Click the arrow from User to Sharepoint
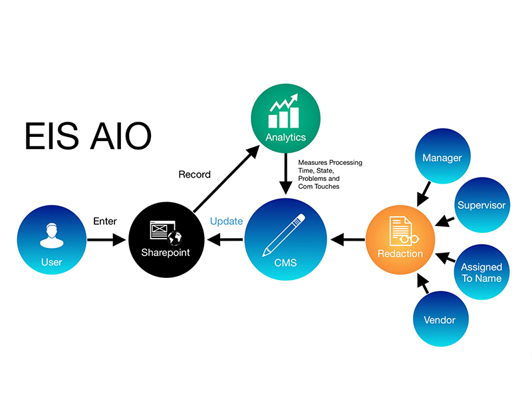click(x=106, y=240)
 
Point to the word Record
click(x=194, y=175)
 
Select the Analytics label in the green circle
click(x=285, y=138)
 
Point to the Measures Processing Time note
click(x=329, y=174)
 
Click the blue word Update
click(x=226, y=221)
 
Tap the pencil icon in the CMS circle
click(x=284, y=234)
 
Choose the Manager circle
click(x=442, y=158)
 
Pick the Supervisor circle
click(x=481, y=205)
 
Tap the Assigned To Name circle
click(x=481, y=272)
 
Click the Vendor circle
click(x=440, y=320)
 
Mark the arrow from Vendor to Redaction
click(x=421, y=283)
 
